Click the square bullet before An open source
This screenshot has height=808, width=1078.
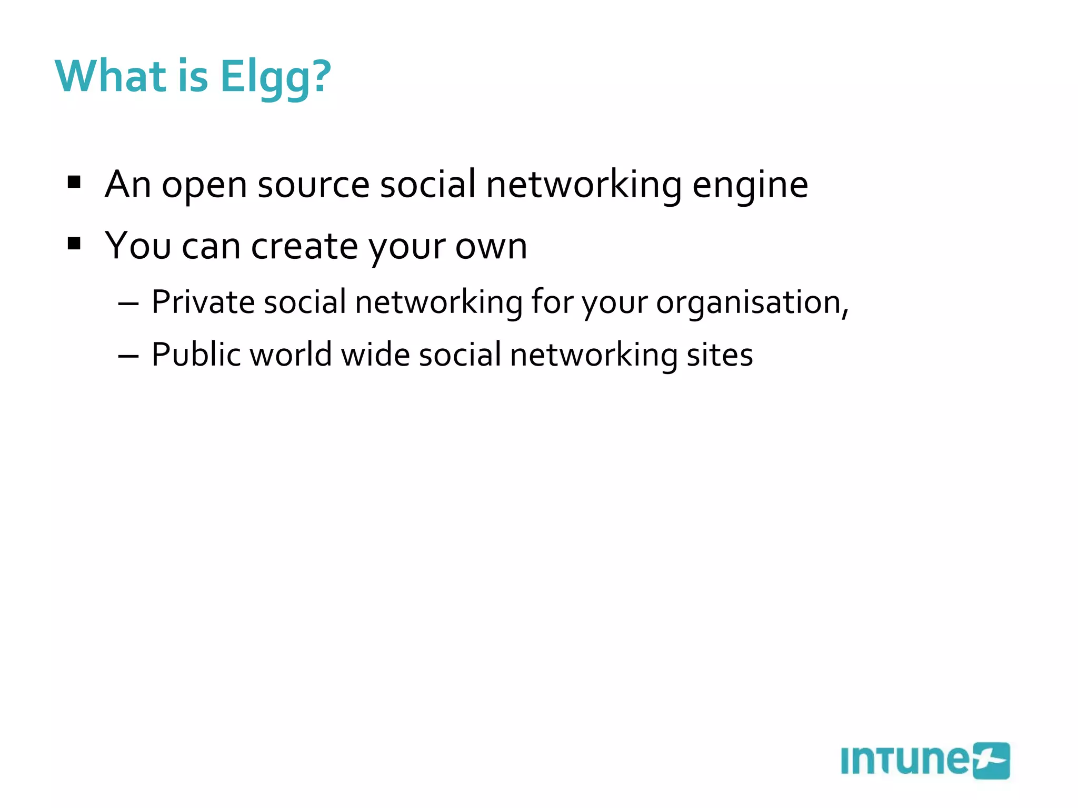click(74, 182)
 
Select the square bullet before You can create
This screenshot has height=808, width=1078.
click(74, 244)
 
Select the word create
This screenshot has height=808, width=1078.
click(305, 246)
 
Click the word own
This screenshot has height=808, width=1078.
click(491, 246)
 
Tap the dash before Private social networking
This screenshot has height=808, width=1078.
click(128, 304)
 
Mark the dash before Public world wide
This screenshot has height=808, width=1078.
click(128, 357)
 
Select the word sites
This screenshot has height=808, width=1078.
click(720, 355)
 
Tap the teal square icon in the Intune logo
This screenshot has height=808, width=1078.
click(991, 761)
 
